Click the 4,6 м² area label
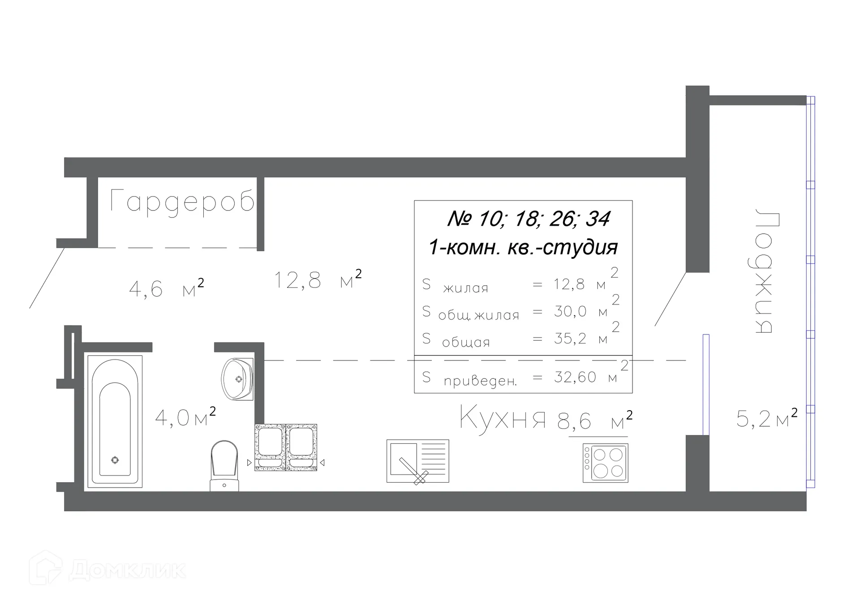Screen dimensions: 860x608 (x=166, y=288)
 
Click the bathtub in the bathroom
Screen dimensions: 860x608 (x=115, y=421)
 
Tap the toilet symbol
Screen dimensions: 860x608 (x=224, y=466)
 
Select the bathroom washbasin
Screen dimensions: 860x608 (x=237, y=379)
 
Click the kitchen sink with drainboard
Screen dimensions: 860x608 (x=418, y=461)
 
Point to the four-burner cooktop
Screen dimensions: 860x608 (x=606, y=463)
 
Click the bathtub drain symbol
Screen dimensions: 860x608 (x=115, y=460)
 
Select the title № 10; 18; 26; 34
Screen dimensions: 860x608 (x=529, y=219)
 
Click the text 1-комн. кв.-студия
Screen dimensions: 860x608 (x=523, y=247)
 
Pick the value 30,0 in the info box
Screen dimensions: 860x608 (x=570, y=311)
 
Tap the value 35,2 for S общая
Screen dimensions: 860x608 (x=570, y=338)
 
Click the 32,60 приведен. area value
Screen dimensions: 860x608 (x=575, y=377)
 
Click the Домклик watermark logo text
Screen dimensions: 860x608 (x=127, y=569)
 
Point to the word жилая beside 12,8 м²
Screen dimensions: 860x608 (x=466, y=288)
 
